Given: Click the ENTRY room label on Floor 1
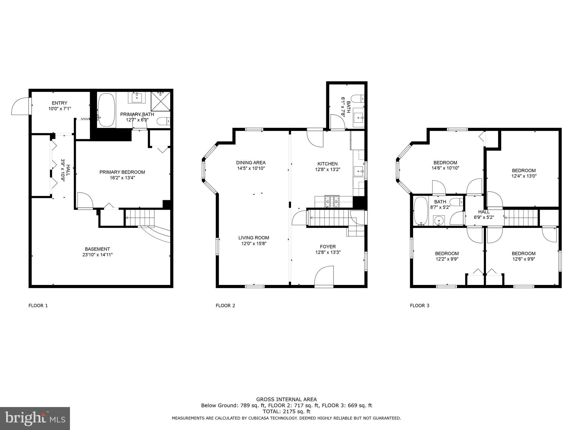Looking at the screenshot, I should [x=59, y=103].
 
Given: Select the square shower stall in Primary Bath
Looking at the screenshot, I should [x=160, y=102].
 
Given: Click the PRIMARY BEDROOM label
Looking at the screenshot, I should [x=122, y=172].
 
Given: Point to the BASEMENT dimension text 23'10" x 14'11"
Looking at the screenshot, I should [x=97, y=255].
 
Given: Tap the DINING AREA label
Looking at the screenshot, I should [x=251, y=163].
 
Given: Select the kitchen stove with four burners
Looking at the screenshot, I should [x=332, y=201].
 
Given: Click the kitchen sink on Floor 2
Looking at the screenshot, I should [x=358, y=171].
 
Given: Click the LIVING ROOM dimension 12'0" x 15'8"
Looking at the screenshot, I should [x=254, y=244].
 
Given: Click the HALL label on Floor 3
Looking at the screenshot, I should [x=484, y=212].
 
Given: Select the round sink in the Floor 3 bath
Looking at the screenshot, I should [x=439, y=221].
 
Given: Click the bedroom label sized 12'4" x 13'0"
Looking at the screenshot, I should [x=524, y=170].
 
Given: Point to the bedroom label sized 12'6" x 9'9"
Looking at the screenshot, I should [x=524, y=254].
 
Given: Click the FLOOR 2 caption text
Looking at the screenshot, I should [x=225, y=305].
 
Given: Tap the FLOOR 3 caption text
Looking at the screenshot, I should [x=419, y=305].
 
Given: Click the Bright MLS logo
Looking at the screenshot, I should [x=35, y=419].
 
